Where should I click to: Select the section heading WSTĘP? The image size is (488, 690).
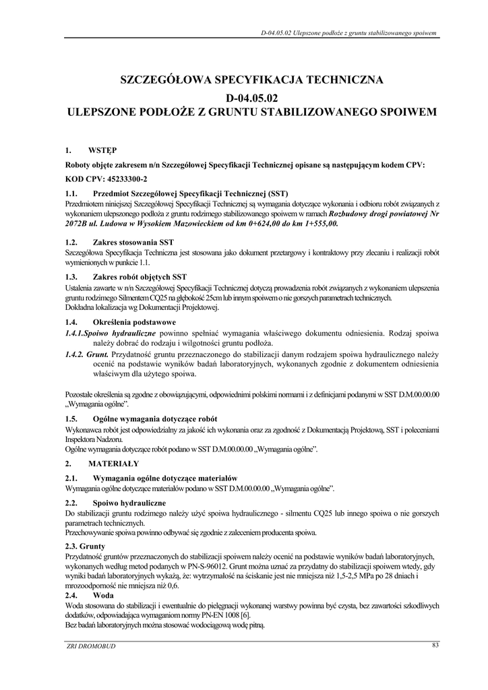click(x=102, y=150)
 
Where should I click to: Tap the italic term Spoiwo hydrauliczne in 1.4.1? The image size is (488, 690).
click(x=119, y=334)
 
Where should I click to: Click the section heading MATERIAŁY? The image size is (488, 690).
click(x=113, y=464)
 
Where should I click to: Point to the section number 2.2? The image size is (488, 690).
click(x=71, y=504)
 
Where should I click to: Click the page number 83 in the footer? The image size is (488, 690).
click(x=435, y=647)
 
